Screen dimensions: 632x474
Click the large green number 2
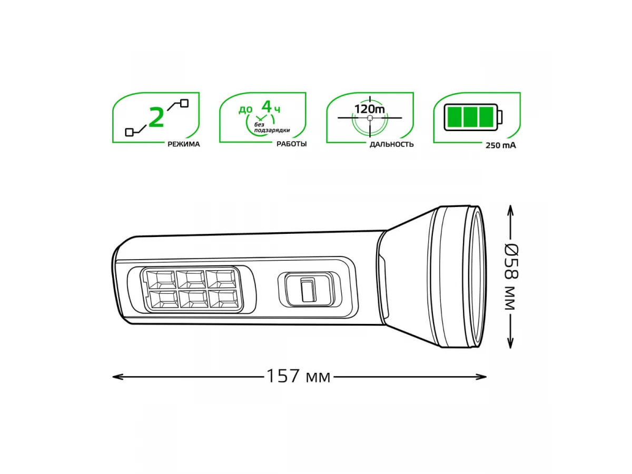pyautogui.click(x=156, y=117)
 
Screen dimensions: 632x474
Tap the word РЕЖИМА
pyautogui.click(x=184, y=144)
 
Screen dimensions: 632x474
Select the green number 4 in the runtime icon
pyautogui.click(x=266, y=106)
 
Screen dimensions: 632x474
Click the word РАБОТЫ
pyautogui.click(x=291, y=144)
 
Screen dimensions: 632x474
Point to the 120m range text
pyautogui.click(x=369, y=110)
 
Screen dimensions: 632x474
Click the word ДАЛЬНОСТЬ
pyautogui.click(x=392, y=144)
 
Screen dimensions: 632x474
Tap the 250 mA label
pyautogui.click(x=501, y=146)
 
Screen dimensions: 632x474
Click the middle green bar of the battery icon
pyautogui.click(x=470, y=117)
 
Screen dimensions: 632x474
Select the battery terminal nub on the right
pyautogui.click(x=500, y=117)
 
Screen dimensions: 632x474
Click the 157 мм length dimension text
pyautogui.click(x=299, y=376)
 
